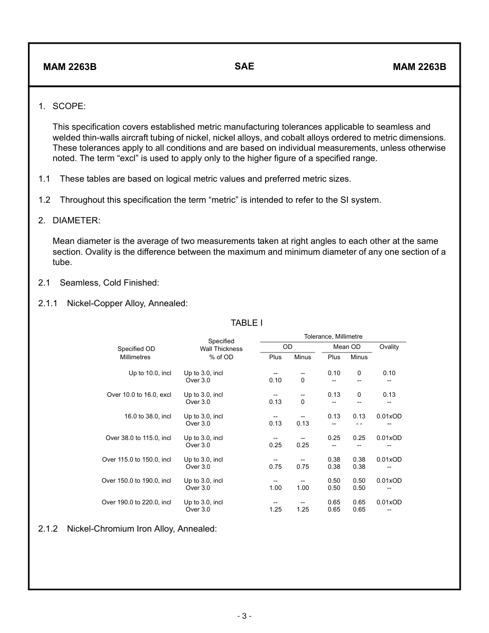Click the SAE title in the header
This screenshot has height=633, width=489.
tap(244, 66)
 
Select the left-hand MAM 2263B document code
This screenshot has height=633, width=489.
tap(70, 67)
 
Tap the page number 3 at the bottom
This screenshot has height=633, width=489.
tap(244, 616)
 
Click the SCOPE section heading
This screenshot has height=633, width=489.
tap(69, 106)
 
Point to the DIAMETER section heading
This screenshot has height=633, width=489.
tap(76, 220)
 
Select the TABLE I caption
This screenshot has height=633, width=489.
tap(247, 323)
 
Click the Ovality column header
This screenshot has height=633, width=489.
tap(389, 347)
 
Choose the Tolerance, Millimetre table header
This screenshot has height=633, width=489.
tap(333, 337)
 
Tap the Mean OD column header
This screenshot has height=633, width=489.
tap(347, 347)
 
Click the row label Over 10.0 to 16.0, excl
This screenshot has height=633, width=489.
tap(139, 395)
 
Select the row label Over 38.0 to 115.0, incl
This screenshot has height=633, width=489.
tap(138, 438)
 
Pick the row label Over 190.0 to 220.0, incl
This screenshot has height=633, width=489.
tap(136, 502)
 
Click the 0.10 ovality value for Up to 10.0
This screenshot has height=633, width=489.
tap(389, 373)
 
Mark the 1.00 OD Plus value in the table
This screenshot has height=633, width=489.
tap(275, 488)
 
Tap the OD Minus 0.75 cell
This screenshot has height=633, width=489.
tap(303, 467)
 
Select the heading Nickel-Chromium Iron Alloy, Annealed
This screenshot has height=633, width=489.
tap(142, 529)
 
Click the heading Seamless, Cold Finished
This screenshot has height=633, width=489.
tap(109, 283)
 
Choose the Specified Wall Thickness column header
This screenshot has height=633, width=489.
tap(221, 348)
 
